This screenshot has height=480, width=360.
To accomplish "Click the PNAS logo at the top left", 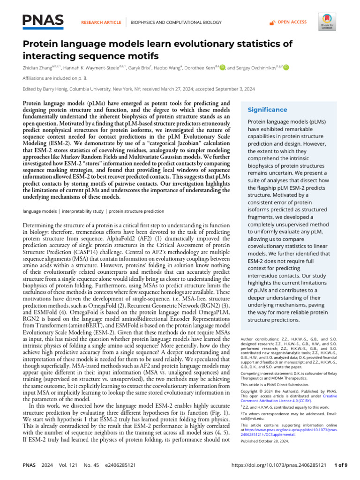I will click(x=43, y=20).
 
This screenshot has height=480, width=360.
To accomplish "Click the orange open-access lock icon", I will click(x=272, y=22).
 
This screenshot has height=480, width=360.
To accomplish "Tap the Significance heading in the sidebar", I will click(x=267, y=110).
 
